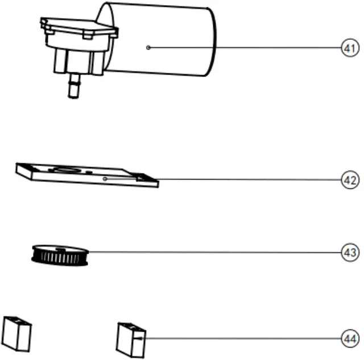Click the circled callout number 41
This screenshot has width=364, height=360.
click(349, 48)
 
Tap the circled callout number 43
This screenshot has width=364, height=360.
click(349, 251)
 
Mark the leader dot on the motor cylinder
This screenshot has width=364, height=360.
click(148, 48)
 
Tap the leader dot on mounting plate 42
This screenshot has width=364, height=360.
click(106, 179)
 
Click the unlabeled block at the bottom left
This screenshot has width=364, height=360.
click(17, 333)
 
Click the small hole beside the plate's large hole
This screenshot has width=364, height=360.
click(89, 172)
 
